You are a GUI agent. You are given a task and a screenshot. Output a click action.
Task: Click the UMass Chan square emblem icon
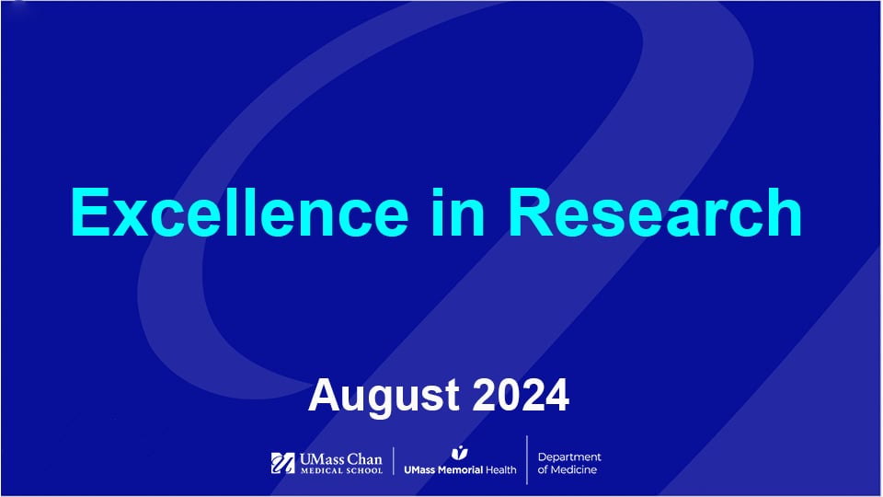point(282,463)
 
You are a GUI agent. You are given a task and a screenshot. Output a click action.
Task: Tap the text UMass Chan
point(339,458)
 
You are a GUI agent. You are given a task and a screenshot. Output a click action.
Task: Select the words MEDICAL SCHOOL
point(339,471)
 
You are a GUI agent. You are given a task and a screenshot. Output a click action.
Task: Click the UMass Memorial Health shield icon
point(460,452)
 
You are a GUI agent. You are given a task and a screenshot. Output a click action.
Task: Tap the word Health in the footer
point(501,468)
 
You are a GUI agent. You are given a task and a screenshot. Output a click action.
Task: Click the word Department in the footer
point(569,457)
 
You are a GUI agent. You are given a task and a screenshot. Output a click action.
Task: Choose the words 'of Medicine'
point(567,470)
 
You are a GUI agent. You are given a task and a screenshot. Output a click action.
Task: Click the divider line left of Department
point(527,460)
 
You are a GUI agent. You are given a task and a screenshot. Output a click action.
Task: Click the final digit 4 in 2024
point(556,395)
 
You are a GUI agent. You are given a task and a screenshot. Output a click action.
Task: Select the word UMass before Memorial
point(422,468)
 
